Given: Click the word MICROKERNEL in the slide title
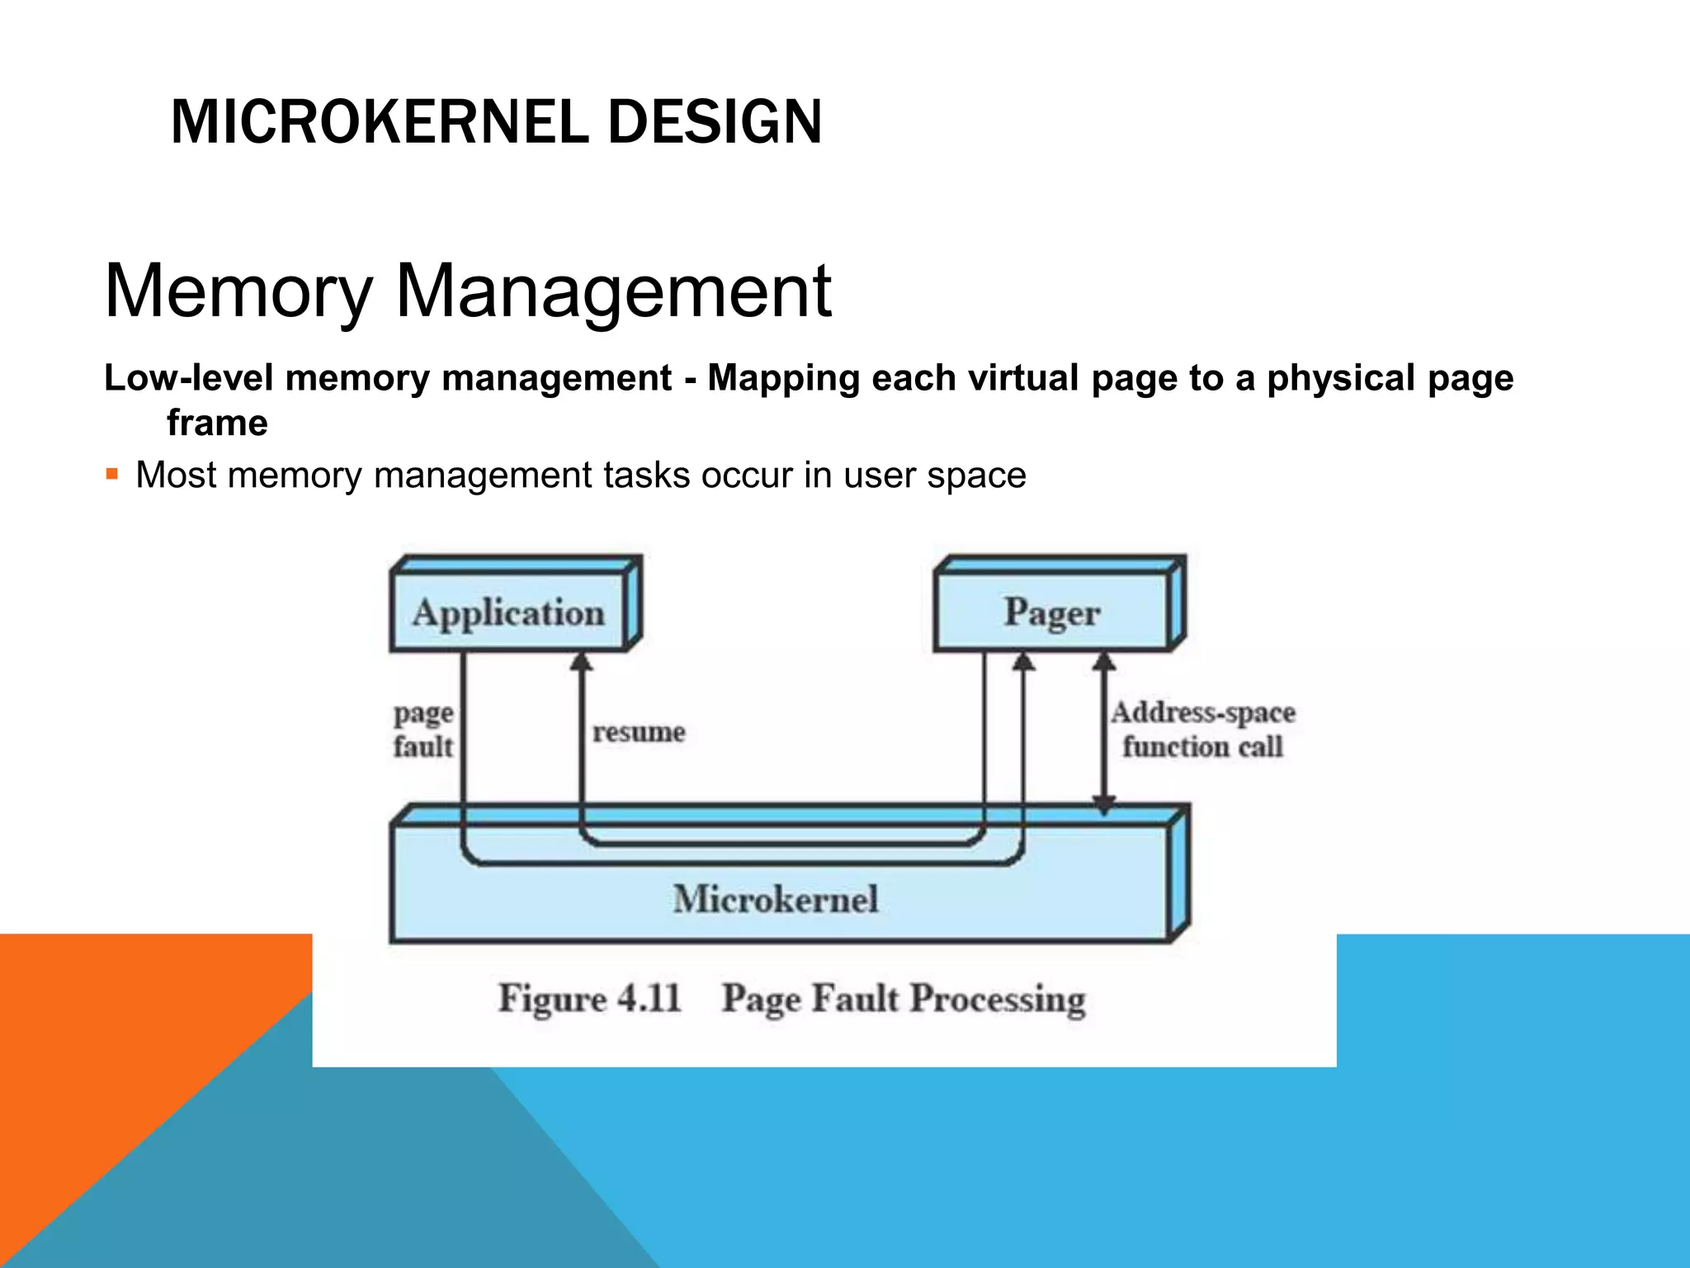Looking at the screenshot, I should [x=378, y=122].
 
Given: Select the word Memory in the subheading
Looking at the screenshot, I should [x=238, y=291].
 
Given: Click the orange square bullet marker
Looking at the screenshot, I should [x=112, y=475].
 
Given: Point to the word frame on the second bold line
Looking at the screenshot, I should [x=217, y=423].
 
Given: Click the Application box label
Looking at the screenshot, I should [x=508, y=613].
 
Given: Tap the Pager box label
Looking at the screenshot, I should [x=1052, y=613].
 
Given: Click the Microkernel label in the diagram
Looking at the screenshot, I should [x=775, y=899].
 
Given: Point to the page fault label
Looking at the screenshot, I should [x=422, y=730].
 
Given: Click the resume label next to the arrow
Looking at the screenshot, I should [x=639, y=731].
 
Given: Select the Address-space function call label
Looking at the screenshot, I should [x=1202, y=730].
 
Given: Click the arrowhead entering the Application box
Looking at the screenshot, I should [x=582, y=661].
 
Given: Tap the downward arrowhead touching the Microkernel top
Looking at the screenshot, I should [x=1104, y=804].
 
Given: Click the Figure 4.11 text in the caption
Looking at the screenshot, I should [x=589, y=998].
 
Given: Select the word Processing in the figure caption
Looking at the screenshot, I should [x=998, y=999].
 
